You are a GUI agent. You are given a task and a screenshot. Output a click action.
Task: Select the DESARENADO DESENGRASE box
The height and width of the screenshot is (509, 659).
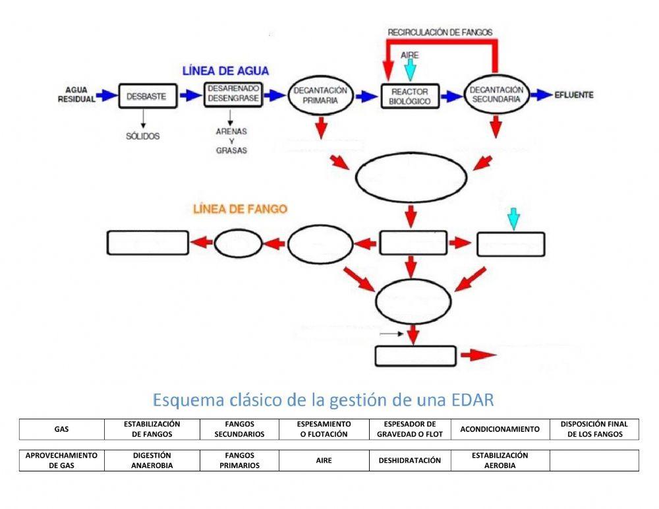pyautogui.click(x=234, y=94)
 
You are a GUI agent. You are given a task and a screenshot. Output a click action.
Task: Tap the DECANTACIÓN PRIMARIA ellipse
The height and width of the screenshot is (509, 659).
pyautogui.click(x=320, y=96)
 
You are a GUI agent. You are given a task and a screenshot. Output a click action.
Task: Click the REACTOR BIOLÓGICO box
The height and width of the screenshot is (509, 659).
pyautogui.click(x=411, y=96)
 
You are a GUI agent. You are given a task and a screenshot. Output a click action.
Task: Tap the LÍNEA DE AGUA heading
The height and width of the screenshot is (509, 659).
pyautogui.click(x=226, y=71)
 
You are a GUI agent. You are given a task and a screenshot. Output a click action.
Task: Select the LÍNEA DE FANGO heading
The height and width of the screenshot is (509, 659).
pyautogui.click(x=240, y=209)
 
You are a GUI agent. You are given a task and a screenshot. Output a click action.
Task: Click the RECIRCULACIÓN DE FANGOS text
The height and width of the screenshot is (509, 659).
pyautogui.click(x=440, y=32)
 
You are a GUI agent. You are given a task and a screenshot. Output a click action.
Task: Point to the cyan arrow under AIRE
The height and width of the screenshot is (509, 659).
pyautogui.click(x=411, y=69)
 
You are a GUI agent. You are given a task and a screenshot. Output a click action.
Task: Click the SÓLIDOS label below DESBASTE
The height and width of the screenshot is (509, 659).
pyautogui.click(x=143, y=136)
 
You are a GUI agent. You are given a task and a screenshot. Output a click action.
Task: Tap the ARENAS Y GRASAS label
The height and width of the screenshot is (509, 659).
pyautogui.click(x=231, y=140)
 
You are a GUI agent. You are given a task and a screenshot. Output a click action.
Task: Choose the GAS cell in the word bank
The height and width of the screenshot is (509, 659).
pyautogui.click(x=62, y=429)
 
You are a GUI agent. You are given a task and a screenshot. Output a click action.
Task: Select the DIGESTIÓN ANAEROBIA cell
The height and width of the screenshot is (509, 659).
pyautogui.click(x=152, y=460)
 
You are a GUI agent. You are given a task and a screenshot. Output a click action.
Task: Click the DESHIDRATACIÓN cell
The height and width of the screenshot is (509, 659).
pyautogui.click(x=409, y=461)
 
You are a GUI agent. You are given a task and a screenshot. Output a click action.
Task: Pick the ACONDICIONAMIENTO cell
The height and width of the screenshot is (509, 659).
pyautogui.click(x=500, y=429)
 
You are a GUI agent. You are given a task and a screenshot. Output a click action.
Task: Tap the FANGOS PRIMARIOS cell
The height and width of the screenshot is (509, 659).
pyautogui.click(x=239, y=460)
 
